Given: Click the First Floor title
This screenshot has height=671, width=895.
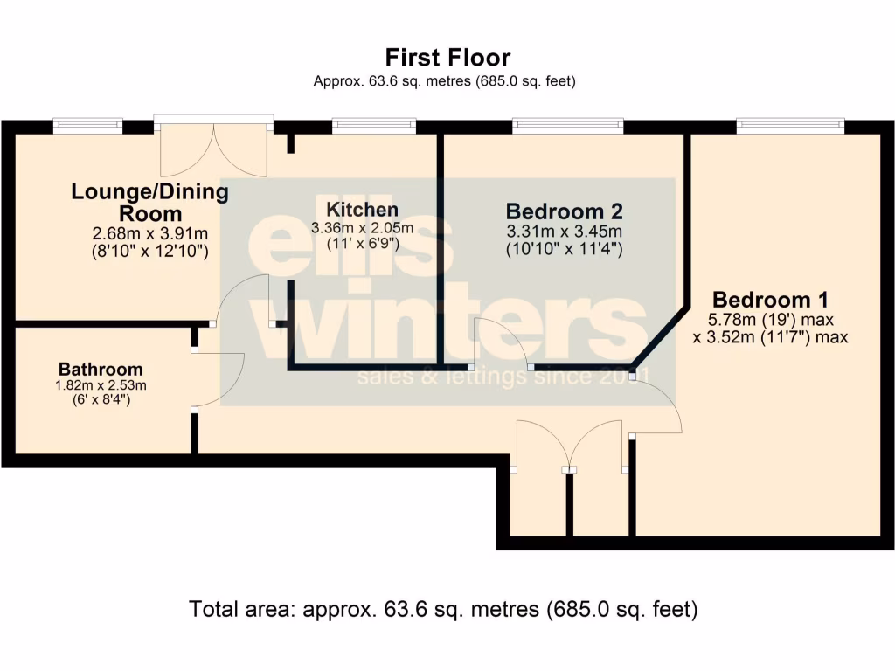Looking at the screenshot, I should (x=447, y=58).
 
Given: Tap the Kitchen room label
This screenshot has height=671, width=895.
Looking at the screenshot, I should (x=362, y=210).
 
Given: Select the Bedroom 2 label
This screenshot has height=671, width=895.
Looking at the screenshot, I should (x=565, y=211).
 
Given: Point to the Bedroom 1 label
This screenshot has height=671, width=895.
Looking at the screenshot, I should (x=770, y=297).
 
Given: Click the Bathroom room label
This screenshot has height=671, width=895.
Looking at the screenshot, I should (x=101, y=369).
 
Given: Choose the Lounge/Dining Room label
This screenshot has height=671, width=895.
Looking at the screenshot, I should (x=149, y=202).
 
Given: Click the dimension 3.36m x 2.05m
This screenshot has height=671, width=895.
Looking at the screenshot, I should (x=362, y=228).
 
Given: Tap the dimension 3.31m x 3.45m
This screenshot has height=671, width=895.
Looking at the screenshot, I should (x=564, y=232).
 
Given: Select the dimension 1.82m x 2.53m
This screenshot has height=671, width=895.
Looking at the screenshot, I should (x=101, y=385).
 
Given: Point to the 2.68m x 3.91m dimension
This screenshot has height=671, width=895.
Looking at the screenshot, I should (x=149, y=234).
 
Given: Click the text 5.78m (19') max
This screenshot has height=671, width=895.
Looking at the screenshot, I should (x=770, y=319).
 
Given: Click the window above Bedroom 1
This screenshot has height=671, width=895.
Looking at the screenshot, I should (x=791, y=126).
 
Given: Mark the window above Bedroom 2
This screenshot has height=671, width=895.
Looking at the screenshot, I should (x=568, y=126).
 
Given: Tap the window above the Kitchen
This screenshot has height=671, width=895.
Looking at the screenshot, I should (x=374, y=126).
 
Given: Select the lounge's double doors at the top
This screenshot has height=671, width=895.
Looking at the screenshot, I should (x=214, y=149).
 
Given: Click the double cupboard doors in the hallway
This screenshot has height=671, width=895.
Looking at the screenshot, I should (x=570, y=446).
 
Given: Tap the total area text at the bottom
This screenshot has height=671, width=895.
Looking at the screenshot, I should (x=443, y=609).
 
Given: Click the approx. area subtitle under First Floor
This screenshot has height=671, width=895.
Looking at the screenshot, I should (x=445, y=81).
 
